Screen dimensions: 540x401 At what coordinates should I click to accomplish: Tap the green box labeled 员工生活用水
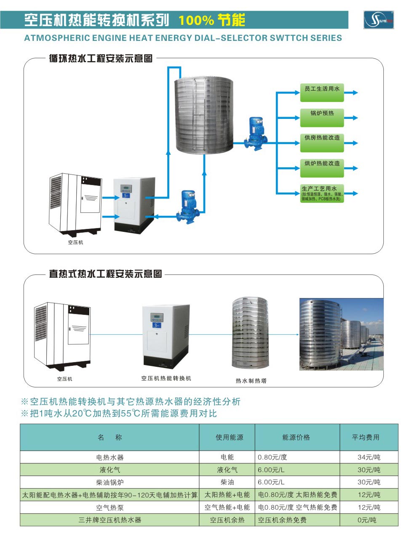(x=322, y=92)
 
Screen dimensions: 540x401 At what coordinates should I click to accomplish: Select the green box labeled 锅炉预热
(x=322, y=118)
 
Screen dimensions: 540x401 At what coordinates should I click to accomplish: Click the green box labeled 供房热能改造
(x=322, y=143)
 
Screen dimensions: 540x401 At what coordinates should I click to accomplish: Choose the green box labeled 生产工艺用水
(x=322, y=193)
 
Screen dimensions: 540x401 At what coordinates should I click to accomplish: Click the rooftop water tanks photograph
(x=341, y=334)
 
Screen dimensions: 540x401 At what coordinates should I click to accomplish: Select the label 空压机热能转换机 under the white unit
(x=166, y=379)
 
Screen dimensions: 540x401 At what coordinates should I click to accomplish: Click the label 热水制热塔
(x=251, y=381)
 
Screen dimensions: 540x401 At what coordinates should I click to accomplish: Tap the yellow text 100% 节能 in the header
(x=212, y=20)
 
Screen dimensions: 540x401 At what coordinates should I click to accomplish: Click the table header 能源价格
(x=296, y=438)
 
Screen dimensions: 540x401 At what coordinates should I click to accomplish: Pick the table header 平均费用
(x=366, y=438)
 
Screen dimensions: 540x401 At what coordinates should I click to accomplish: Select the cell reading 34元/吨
(x=369, y=457)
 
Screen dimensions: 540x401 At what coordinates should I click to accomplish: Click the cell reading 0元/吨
(x=367, y=520)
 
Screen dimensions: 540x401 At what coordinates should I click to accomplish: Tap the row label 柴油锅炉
(x=110, y=482)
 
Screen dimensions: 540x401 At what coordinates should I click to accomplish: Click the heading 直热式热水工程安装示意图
(x=105, y=274)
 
